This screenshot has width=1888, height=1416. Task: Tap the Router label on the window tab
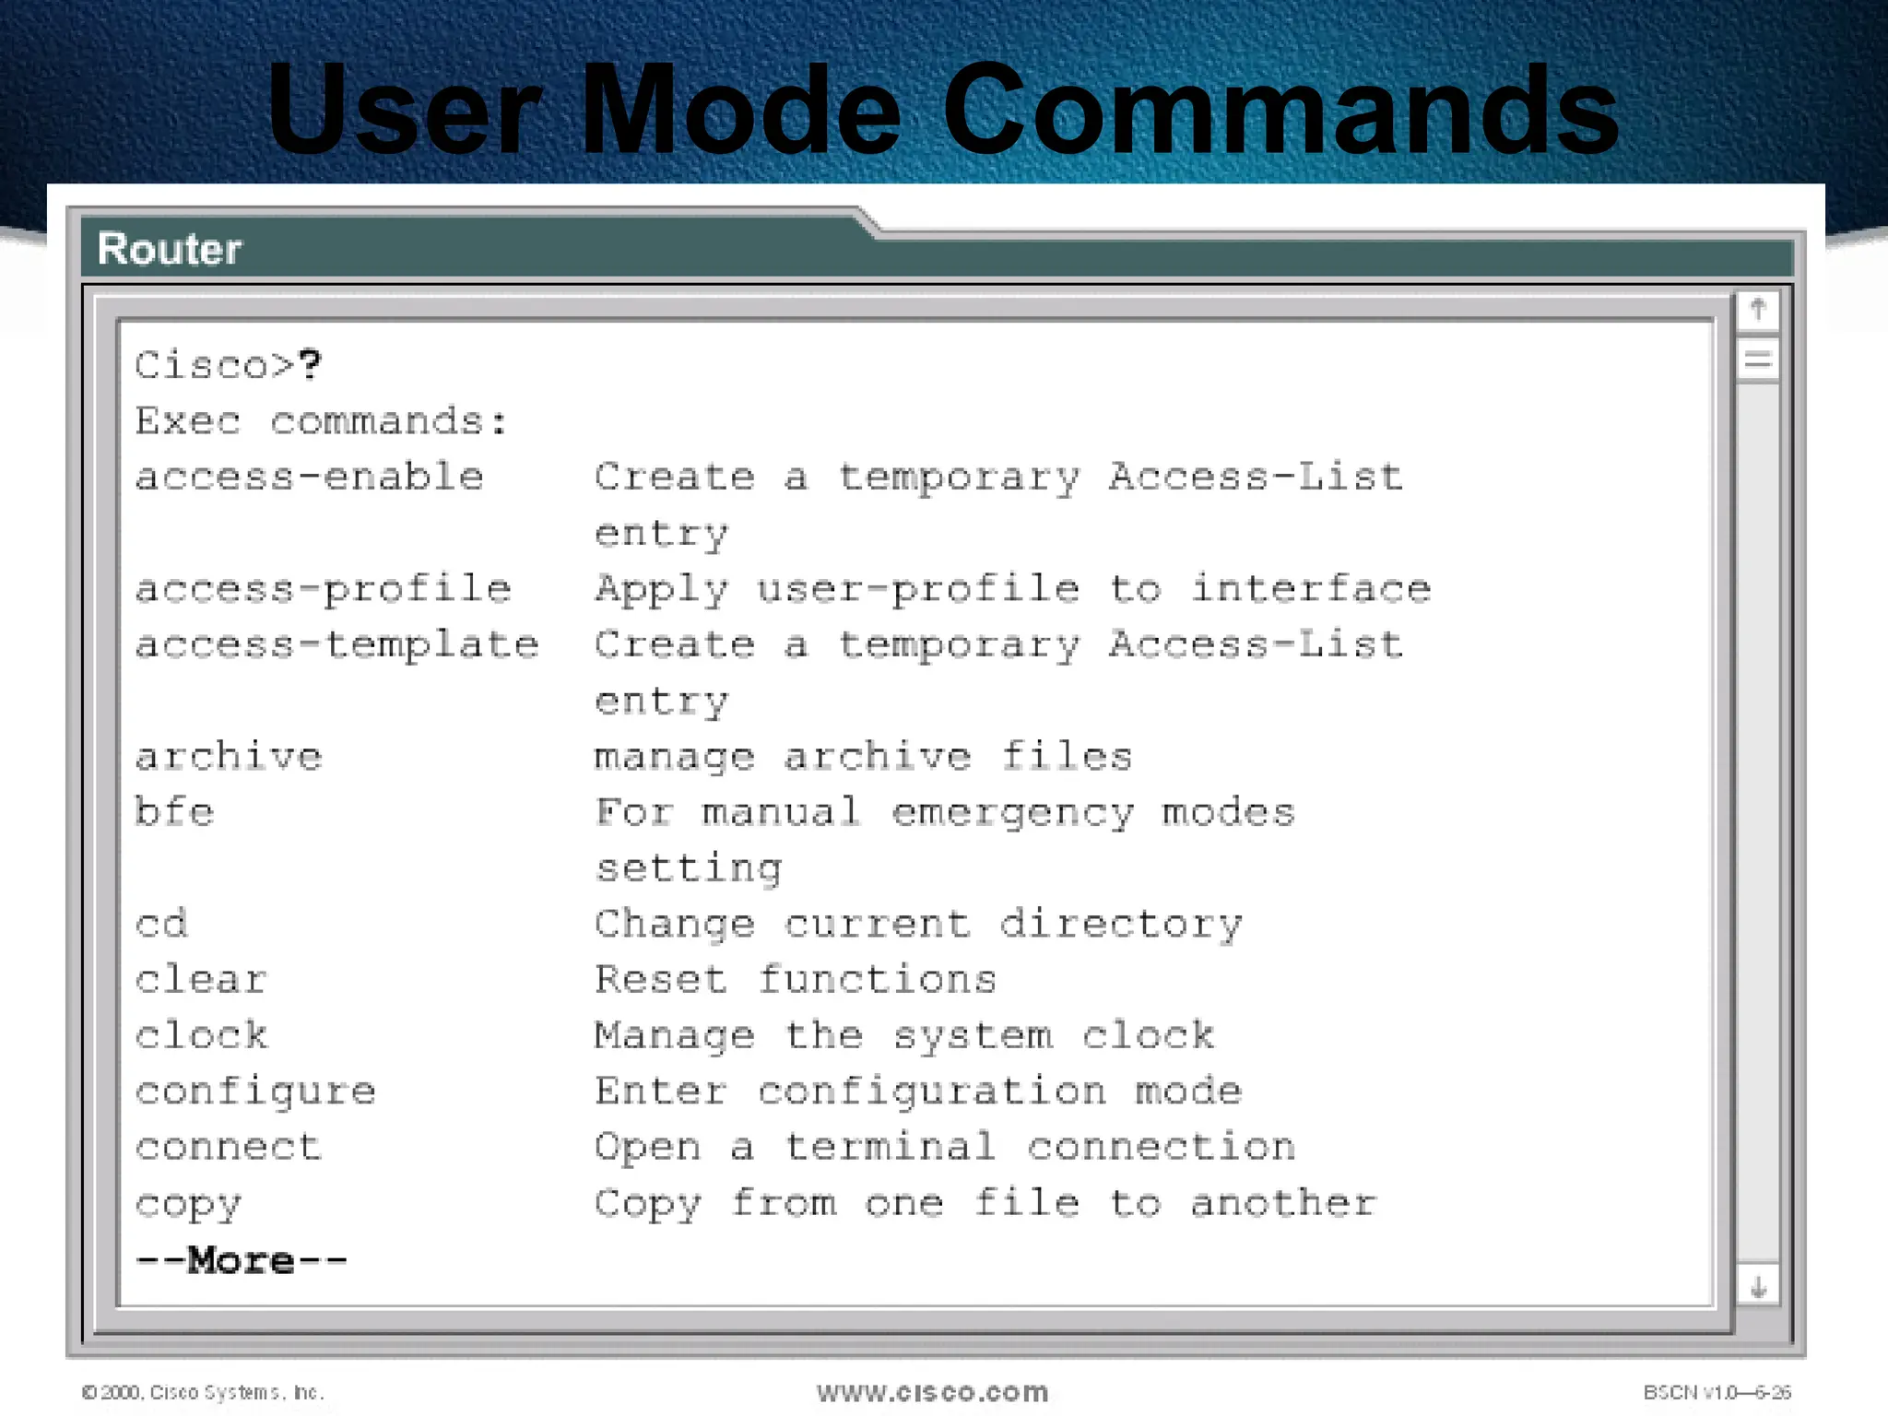coord(170,249)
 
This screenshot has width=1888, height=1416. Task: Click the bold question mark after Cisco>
coord(310,365)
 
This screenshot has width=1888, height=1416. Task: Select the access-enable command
coord(310,478)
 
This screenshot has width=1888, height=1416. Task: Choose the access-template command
coord(337,645)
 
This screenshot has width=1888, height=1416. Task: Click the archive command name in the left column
coord(230,758)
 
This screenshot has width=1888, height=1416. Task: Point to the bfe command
coord(175,813)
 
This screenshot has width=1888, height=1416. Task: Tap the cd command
coord(162,925)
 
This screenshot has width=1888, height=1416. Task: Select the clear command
coord(202,980)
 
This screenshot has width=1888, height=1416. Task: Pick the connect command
coord(230,1148)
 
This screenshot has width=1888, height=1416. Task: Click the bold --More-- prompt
coord(242,1260)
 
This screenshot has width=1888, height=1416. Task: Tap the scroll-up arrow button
coord(1758,309)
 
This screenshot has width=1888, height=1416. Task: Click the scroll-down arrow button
coord(1758,1287)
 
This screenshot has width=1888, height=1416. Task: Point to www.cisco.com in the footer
coord(933,1392)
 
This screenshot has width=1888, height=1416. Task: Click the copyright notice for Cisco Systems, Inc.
coord(203,1392)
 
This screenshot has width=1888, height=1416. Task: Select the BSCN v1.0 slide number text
coord(1717,1392)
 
